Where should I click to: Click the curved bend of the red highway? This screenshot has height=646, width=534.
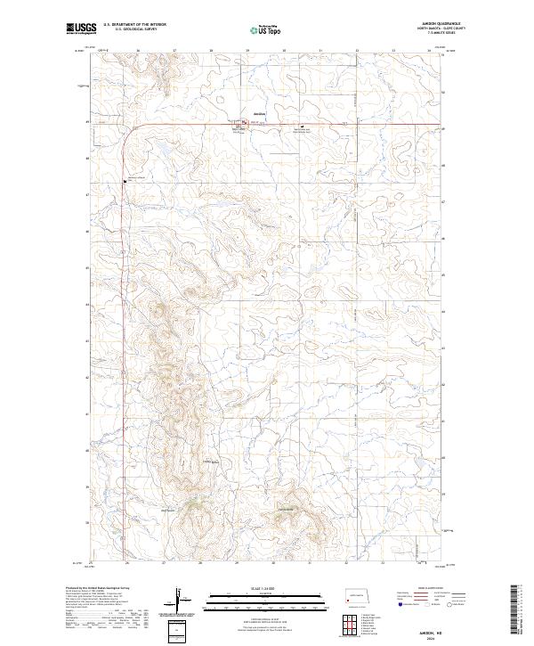130,131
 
